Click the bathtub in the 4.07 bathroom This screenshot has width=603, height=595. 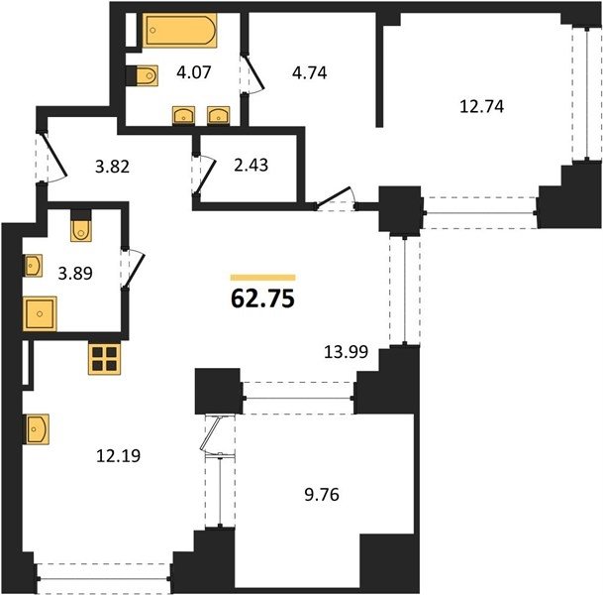tap(179, 31)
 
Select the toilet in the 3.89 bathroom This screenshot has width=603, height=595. tap(81, 226)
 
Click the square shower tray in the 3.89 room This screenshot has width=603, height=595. tap(40, 313)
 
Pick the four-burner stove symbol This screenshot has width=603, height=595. tap(104, 359)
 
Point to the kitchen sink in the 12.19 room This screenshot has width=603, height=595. tap(37, 429)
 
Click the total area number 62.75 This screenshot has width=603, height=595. tap(262, 298)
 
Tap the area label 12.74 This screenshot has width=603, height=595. tap(481, 106)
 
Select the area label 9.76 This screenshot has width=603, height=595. tap(322, 495)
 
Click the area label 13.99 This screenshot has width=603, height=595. tap(347, 352)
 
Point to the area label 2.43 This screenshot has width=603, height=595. tap(251, 165)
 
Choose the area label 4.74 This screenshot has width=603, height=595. tap(310, 72)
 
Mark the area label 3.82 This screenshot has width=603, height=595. tap(112, 167)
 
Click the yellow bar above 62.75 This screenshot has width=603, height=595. tap(263, 278)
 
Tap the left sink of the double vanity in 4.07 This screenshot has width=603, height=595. tap(183, 115)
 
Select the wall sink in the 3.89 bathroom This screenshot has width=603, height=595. tap(33, 266)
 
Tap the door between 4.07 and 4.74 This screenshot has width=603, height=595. tap(251, 74)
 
